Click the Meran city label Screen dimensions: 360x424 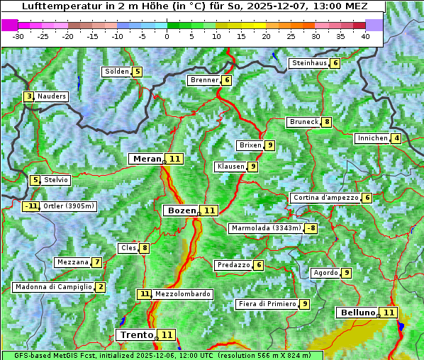click(x=147, y=159)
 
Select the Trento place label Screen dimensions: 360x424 click(x=136, y=334)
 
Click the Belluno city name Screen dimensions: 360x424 click(x=357, y=313)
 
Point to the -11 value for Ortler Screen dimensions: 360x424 click(x=30, y=206)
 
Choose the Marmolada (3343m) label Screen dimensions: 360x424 click(x=266, y=228)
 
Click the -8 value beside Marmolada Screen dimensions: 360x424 click(x=311, y=228)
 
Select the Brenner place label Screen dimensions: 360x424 click(x=203, y=80)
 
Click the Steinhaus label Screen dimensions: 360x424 click(x=309, y=63)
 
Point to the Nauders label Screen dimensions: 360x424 click(x=51, y=96)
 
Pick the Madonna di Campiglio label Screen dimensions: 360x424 click(x=53, y=287)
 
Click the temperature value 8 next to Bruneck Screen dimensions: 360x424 click(x=326, y=122)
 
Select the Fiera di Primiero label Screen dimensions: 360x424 click(x=267, y=304)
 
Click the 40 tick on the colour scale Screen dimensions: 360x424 click(x=365, y=35)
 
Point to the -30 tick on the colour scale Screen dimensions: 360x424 click(x=18, y=35)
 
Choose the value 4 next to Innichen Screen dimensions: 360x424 click(x=396, y=138)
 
